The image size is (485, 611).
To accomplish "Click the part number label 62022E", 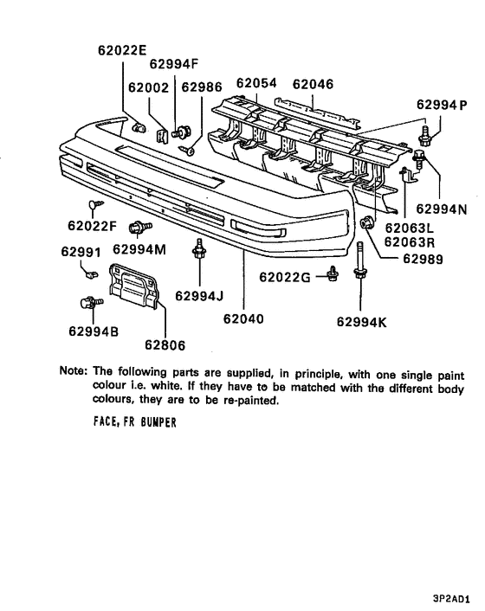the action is coord(122,50).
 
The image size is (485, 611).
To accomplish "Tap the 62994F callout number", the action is coord(174,63).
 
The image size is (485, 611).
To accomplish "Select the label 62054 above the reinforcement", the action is coord(256,83).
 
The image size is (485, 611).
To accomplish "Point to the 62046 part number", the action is coord(313,84).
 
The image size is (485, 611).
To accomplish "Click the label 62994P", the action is coord(442,105).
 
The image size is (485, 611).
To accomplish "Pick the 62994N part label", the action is coord(442,209).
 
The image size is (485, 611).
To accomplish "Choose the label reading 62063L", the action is coord(410,228).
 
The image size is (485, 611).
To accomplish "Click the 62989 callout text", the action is coord(423,259).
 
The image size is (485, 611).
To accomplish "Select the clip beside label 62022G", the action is coord(333,273).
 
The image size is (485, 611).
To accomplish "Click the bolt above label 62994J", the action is coord(199,248).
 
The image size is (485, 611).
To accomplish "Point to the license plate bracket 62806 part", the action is coord(134,286).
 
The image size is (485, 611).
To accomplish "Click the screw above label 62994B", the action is coord(91,302).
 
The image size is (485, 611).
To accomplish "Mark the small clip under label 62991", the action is coord(92,274).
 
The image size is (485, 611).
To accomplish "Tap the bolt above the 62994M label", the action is coord(140,227).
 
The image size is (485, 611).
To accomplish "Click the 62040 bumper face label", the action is coord(243,318).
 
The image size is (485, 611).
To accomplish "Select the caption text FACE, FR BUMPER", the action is coord(135,421).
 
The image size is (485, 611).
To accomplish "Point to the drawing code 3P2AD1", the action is coord(451,599).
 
